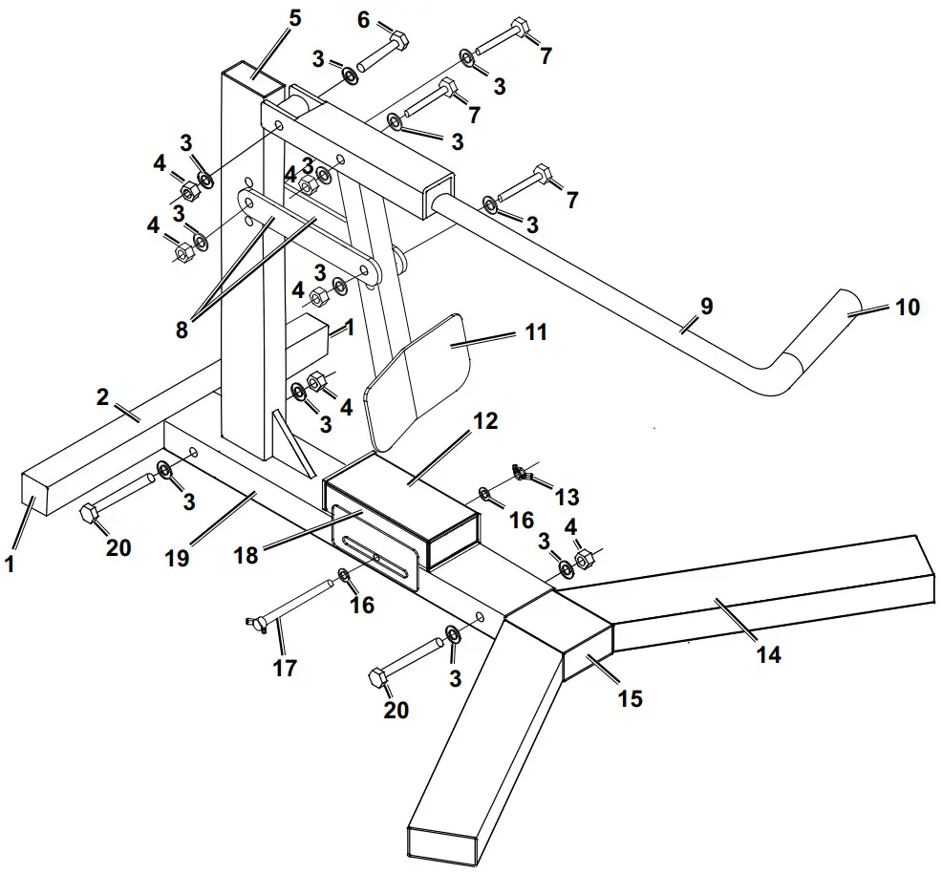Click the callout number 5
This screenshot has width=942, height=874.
click(294, 17)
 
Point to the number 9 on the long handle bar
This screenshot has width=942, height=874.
click(706, 307)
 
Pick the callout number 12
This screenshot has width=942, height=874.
click(485, 421)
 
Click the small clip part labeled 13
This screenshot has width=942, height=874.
click(520, 471)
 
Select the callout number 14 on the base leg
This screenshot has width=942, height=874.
click(768, 654)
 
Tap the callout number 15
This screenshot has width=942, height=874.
click(629, 698)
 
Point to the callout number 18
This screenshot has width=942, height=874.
click(246, 554)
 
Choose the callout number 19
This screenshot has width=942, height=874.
click(177, 558)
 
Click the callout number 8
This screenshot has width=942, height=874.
click(182, 330)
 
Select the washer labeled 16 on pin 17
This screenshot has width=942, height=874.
click(344, 576)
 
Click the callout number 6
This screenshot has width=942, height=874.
click(363, 18)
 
